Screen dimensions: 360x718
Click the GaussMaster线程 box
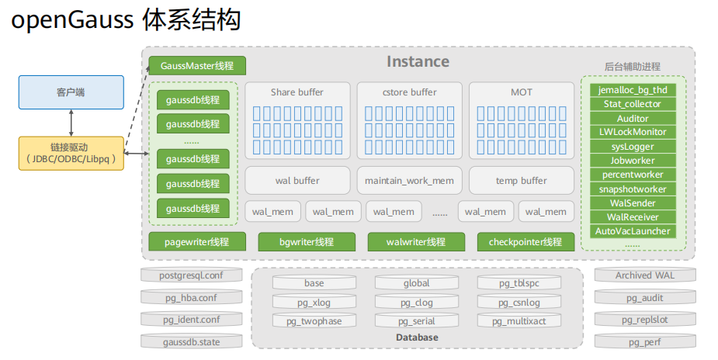point(197,66)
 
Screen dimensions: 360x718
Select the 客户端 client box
point(71,92)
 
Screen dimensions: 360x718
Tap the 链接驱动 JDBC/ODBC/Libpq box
point(71,153)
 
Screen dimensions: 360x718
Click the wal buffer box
point(297,181)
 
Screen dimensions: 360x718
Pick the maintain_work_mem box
point(409,181)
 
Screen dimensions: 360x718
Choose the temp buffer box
point(521,181)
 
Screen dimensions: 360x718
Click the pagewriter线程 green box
point(197,242)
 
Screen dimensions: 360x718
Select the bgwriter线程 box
point(307,242)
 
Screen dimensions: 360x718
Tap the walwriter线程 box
point(416,242)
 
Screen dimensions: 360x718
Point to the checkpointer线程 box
point(525,242)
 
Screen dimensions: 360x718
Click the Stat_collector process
point(633,104)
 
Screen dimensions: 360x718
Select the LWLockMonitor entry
point(633,132)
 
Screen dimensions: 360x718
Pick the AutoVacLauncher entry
point(633,231)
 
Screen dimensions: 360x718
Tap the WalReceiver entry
point(633,217)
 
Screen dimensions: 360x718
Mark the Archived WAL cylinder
point(644,275)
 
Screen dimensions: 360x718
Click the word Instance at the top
point(418,62)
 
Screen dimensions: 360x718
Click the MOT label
point(521,92)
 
